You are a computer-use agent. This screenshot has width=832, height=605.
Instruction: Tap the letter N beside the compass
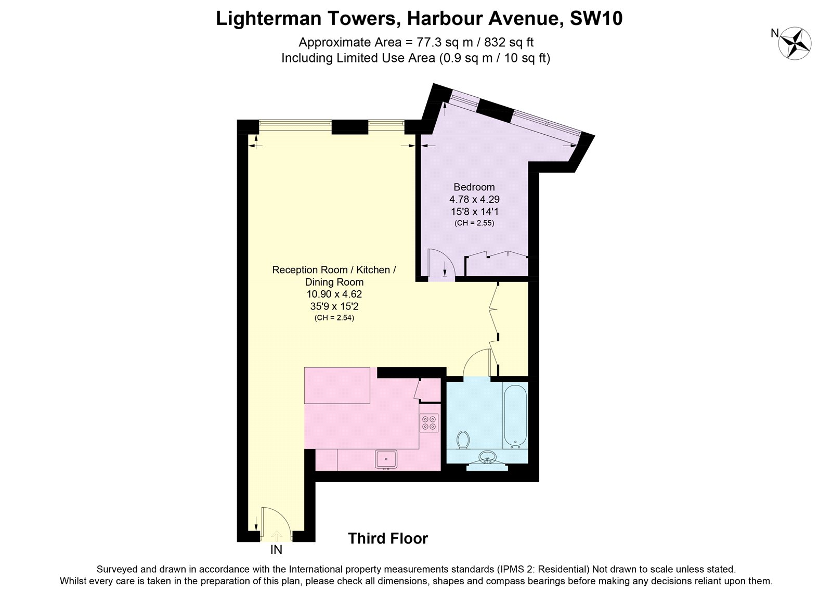775,33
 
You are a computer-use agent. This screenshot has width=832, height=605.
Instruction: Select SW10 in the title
596,18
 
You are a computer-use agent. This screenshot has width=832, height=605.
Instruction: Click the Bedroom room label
474,187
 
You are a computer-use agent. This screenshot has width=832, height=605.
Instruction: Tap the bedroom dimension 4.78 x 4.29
474,199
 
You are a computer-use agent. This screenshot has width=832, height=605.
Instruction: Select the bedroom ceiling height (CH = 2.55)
474,223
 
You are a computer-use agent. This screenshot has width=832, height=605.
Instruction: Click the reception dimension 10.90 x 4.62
334,294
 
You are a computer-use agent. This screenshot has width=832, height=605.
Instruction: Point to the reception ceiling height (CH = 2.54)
334,318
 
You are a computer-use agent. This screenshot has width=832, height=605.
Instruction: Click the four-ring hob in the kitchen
429,423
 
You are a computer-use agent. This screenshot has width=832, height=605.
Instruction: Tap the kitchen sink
386,459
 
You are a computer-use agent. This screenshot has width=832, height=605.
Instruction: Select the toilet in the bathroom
463,440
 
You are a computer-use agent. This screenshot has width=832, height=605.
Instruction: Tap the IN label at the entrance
276,550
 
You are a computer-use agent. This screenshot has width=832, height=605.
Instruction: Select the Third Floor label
388,538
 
